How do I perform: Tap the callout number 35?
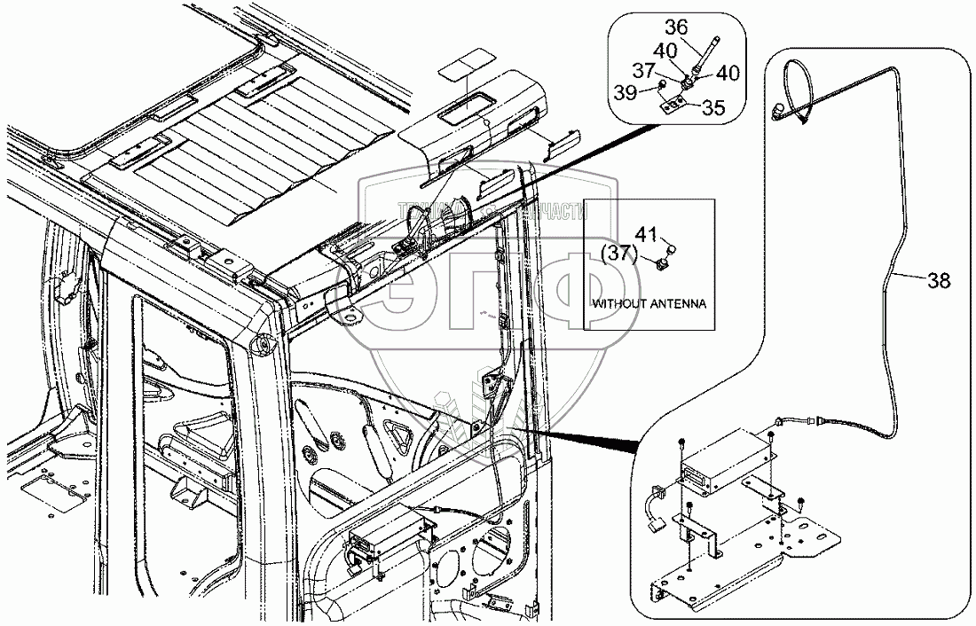[712, 108]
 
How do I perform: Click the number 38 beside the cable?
[939, 281]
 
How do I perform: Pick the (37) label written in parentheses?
[618, 254]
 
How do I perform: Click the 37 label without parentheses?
[669, 70]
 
